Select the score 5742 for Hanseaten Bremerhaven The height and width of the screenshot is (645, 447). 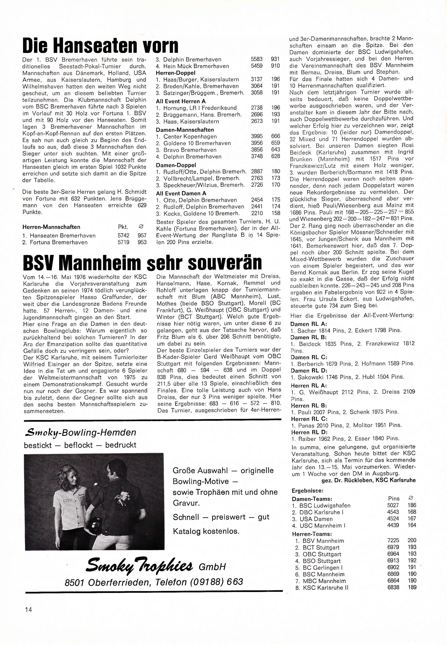point(123,236)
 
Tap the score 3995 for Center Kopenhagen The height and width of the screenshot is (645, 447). point(257,136)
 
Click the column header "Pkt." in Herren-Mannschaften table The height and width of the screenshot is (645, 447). point(123,227)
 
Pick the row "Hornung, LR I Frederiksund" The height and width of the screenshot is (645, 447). point(196,108)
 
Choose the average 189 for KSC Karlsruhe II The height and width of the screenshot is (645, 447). point(412,587)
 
